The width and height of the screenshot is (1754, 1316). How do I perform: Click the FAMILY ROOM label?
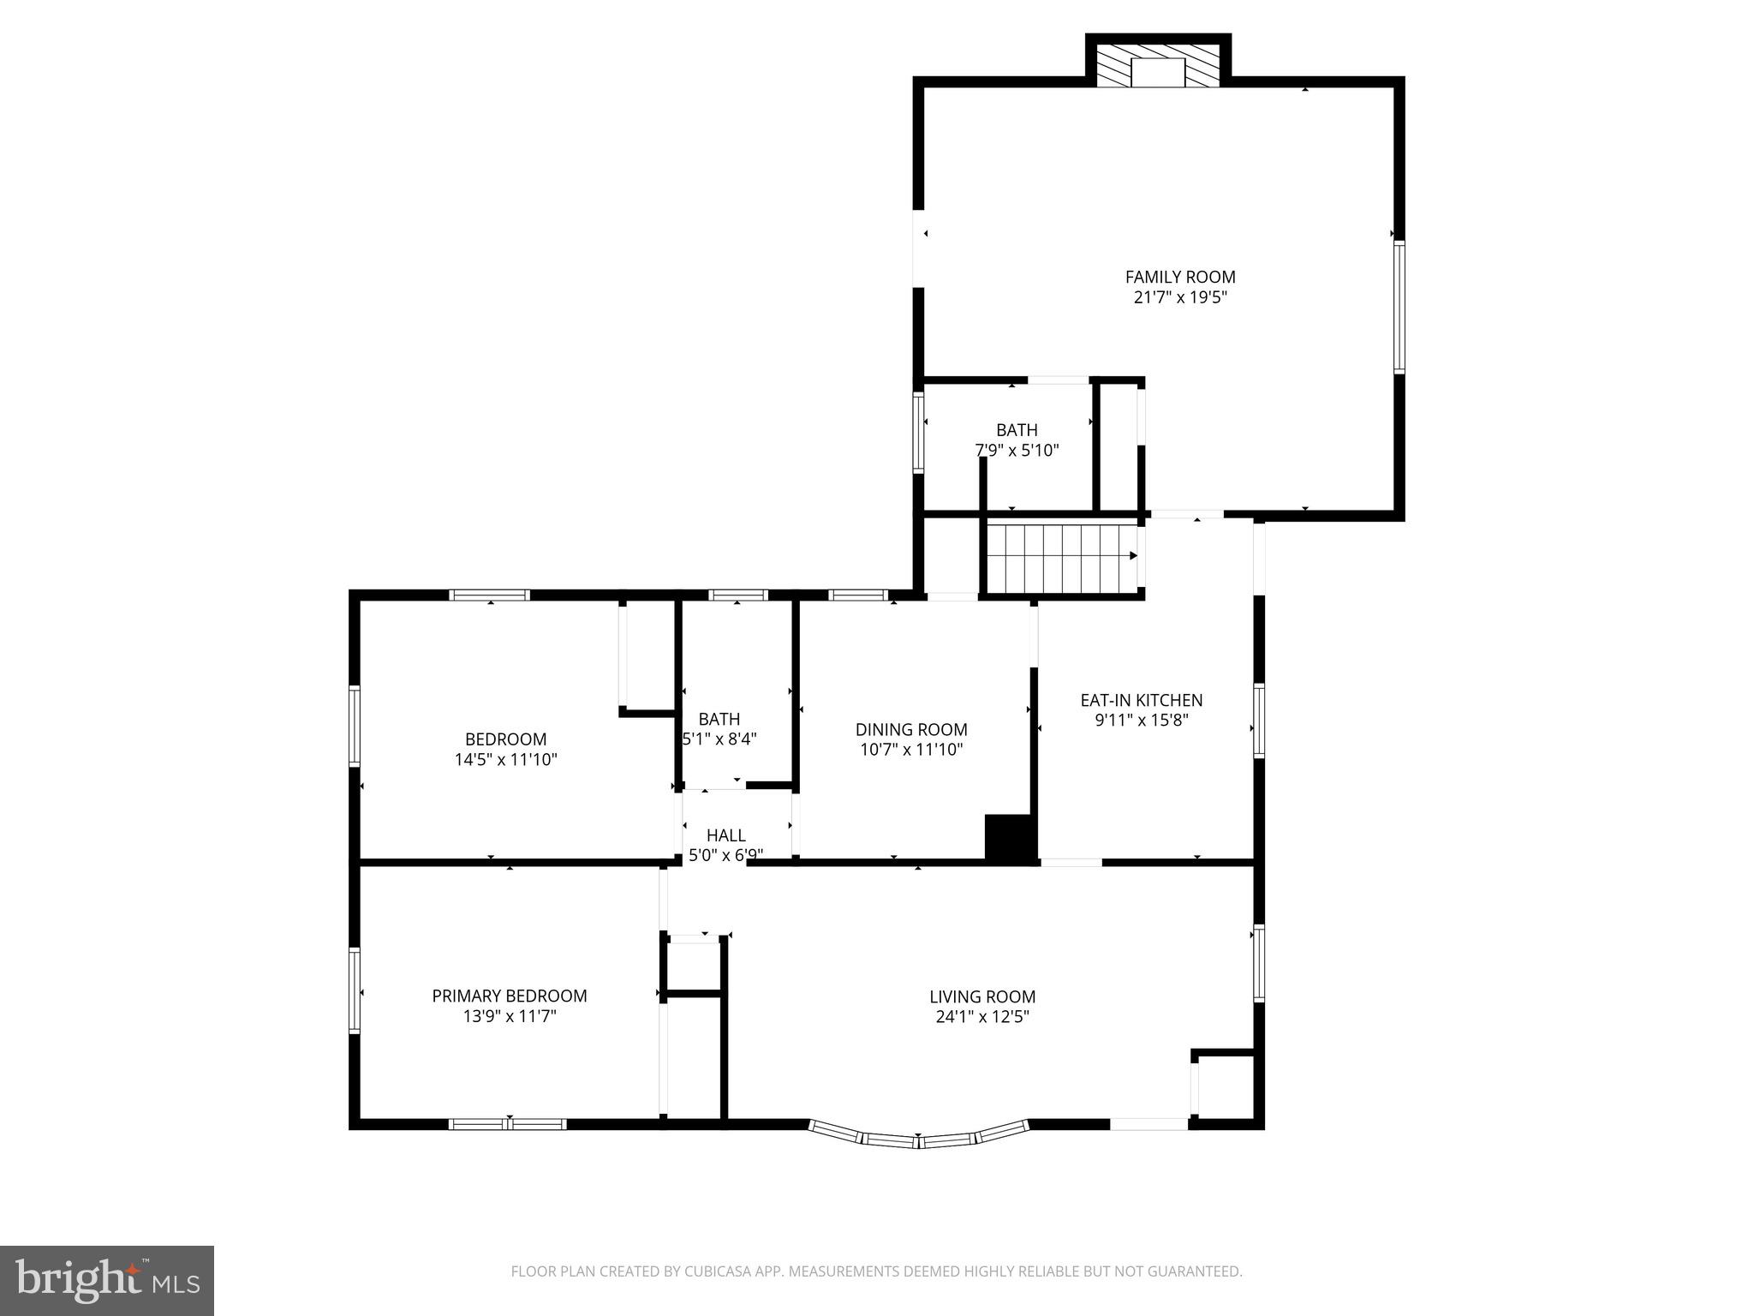tap(1179, 277)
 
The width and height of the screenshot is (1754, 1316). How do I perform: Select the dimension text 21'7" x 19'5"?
tap(1179, 298)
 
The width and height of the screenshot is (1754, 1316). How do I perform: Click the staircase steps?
tap(1060, 558)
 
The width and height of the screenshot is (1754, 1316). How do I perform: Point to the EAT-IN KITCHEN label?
tap(1141, 700)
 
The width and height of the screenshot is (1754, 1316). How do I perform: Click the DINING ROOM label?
tap(911, 729)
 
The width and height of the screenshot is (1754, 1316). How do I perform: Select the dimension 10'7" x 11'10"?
tap(911, 750)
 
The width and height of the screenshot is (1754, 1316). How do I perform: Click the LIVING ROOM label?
tap(982, 996)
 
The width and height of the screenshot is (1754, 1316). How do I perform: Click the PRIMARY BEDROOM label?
tap(509, 996)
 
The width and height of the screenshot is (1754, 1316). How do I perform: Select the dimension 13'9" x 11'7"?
tap(509, 1017)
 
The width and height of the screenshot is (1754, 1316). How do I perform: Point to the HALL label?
tap(725, 834)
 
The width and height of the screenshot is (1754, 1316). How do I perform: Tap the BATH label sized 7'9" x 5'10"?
tap(1017, 430)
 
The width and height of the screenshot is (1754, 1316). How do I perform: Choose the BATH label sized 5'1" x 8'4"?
tap(719, 719)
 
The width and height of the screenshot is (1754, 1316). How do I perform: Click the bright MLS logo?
tap(107, 1280)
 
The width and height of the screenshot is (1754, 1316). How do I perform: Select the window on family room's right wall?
tap(1399, 307)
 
